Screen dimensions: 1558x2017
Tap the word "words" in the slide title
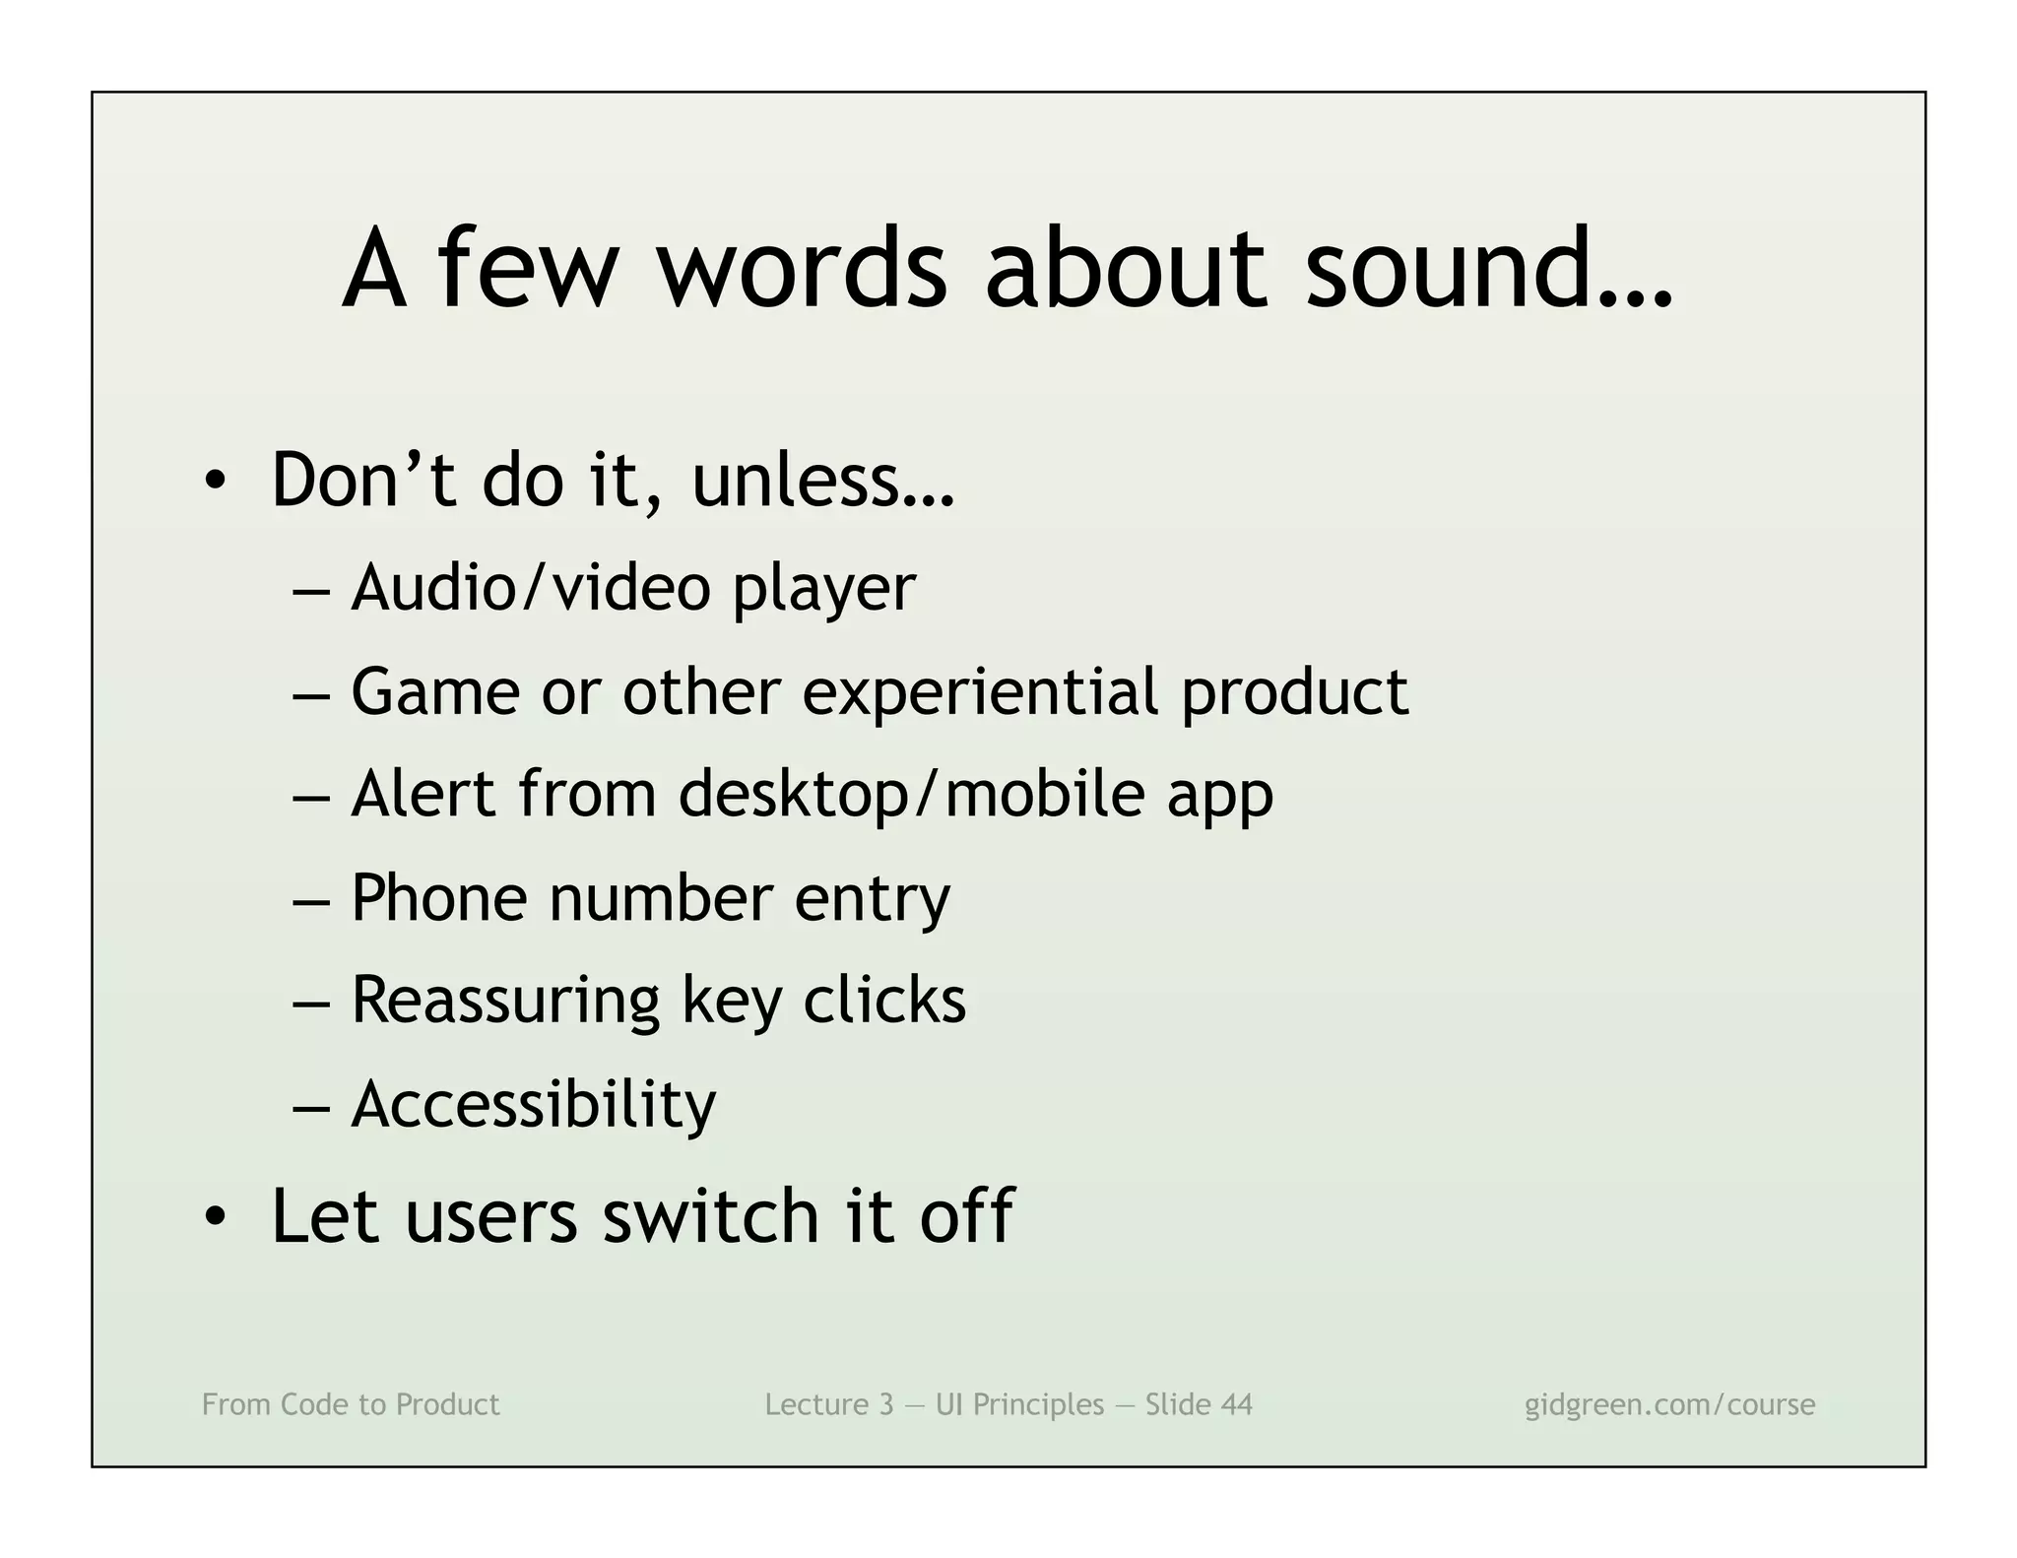pyautogui.click(x=802, y=269)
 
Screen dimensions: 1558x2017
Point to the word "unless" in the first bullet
pyautogui.click(x=822, y=481)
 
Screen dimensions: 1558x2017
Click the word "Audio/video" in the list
pyautogui.click(x=531, y=588)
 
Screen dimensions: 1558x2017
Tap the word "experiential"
pyautogui.click(x=980, y=691)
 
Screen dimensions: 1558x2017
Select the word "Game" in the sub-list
pyautogui.click(x=434, y=691)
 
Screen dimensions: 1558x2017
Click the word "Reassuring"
pyautogui.click(x=504, y=1001)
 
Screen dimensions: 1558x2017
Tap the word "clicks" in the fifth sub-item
pyautogui.click(x=884, y=1001)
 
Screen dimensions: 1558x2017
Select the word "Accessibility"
pyautogui.click(x=533, y=1104)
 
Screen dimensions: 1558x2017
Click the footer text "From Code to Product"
pyautogui.click(x=351, y=1404)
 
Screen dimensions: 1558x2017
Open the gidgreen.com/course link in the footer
pyautogui.click(x=1669, y=1404)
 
